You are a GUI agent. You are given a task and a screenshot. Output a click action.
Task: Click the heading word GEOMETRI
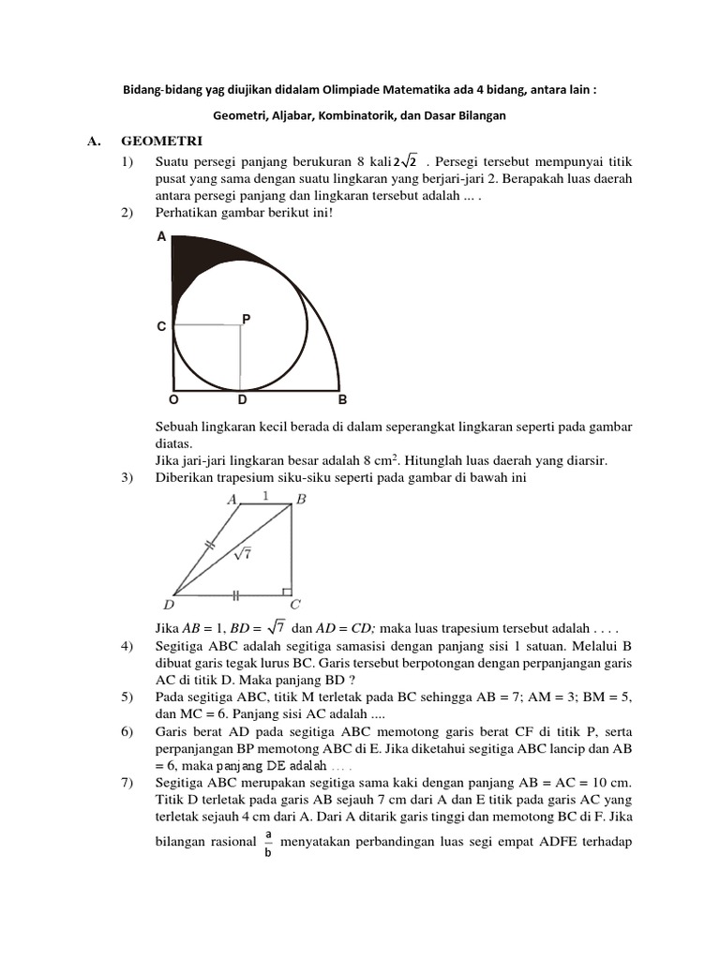pyautogui.click(x=162, y=142)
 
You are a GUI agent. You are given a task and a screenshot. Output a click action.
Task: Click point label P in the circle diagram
pyautogui.click(x=247, y=320)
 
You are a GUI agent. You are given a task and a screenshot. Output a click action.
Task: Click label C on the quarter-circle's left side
pyautogui.click(x=161, y=327)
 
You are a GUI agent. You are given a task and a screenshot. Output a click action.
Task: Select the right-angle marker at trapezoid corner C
pyautogui.click(x=286, y=590)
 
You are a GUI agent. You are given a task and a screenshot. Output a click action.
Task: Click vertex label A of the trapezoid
pyautogui.click(x=232, y=501)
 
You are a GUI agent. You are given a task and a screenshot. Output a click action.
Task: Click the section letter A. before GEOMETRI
pyautogui.click(x=93, y=142)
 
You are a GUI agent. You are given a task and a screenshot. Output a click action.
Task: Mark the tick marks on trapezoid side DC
pyautogui.click(x=235, y=594)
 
